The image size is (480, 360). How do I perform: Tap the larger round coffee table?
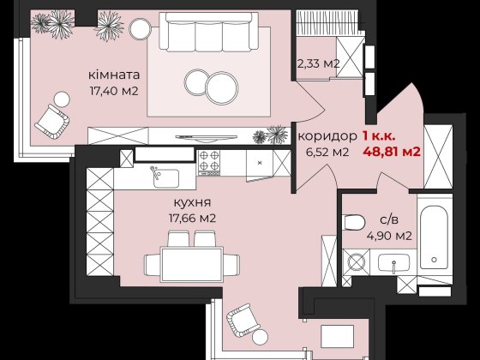(x=220, y=86)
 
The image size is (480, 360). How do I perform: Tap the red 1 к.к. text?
(x=378, y=136)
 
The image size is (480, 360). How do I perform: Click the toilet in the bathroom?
(x=354, y=222)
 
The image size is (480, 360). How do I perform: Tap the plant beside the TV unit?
(x=276, y=135)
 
